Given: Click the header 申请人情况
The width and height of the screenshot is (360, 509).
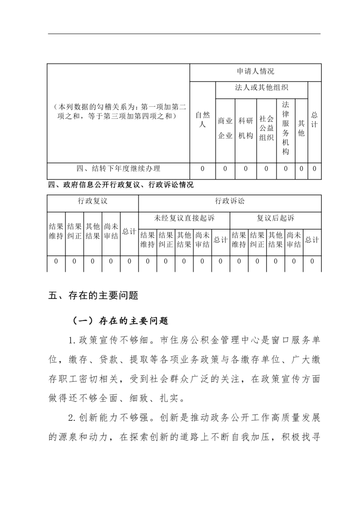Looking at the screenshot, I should (255, 72).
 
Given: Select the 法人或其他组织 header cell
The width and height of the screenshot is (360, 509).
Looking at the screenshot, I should (261, 88).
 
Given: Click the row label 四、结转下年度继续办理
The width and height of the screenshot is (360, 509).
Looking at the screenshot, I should (118, 169).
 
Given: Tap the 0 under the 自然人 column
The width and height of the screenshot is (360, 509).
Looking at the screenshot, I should (202, 169).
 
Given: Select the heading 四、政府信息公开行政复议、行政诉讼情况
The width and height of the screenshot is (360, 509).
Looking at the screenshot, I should (121, 185).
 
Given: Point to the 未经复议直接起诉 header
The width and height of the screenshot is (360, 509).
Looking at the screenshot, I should (184, 218).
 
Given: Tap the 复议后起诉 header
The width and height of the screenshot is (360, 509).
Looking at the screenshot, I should (275, 218).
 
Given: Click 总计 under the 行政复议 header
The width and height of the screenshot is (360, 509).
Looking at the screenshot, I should (129, 231).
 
